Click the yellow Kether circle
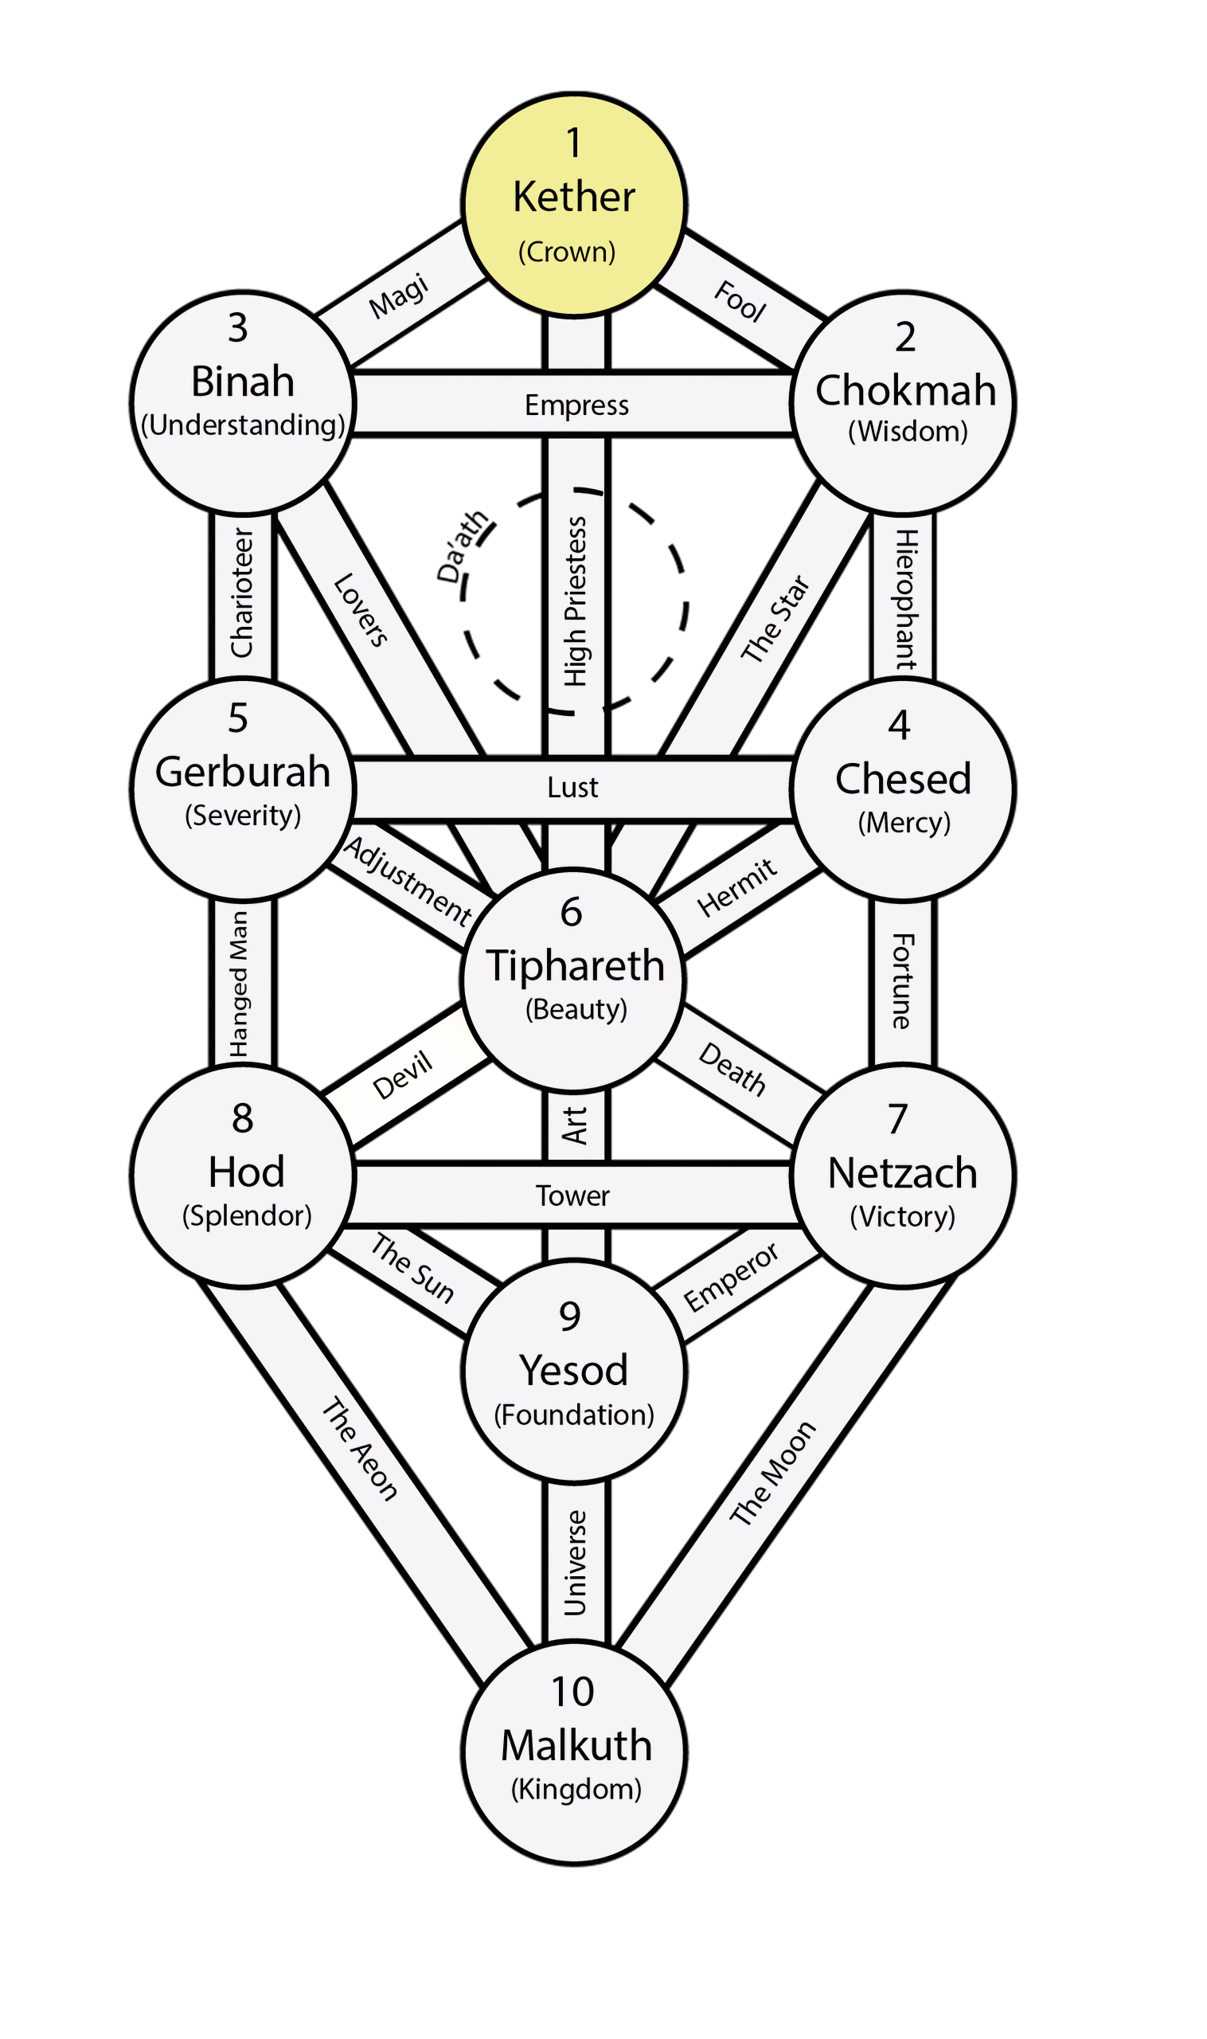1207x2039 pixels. pos(573,205)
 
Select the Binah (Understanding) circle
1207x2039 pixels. pos(243,404)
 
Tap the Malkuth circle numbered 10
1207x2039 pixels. pos(573,1750)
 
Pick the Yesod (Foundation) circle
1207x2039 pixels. pos(573,1371)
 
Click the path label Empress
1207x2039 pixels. pos(576,405)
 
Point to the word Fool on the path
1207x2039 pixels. pos(740,301)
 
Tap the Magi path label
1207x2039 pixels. pos(399,296)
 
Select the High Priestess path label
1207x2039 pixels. pos(576,601)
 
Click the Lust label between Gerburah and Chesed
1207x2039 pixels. pos(572,788)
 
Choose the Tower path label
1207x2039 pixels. pos(572,1196)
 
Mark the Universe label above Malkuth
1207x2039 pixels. pos(575,1562)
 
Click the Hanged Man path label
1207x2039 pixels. pos(239,984)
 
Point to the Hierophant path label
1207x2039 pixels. pos(905,599)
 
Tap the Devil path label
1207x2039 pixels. pos(402,1075)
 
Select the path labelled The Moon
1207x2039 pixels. pos(771,1473)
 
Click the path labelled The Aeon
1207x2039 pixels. pos(360,1449)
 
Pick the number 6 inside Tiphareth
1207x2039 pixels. pos(571,912)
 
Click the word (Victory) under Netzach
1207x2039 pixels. pos(902,1216)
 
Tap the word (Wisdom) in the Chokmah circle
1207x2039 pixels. pos(908,431)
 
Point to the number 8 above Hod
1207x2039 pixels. pos(242,1119)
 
